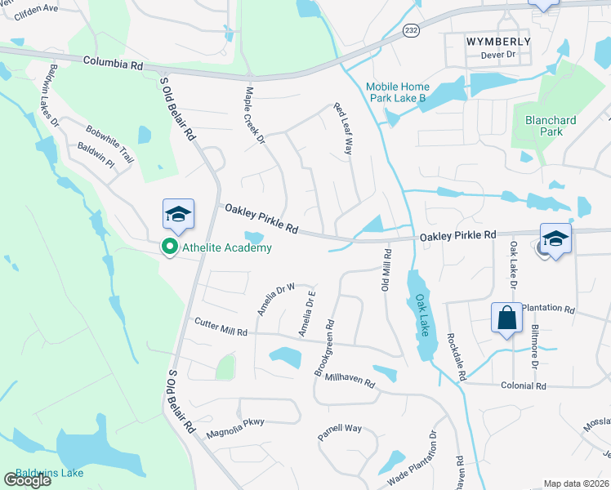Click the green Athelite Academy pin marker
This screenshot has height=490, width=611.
170,247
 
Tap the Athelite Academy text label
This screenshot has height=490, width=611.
226,247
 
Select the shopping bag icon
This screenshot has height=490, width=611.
507,318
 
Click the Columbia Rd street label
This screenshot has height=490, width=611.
113,62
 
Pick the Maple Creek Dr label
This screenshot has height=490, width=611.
256,117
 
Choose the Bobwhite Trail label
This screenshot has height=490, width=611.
109,142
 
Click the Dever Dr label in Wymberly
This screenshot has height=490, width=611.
499,55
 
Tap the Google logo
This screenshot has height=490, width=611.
27,480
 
